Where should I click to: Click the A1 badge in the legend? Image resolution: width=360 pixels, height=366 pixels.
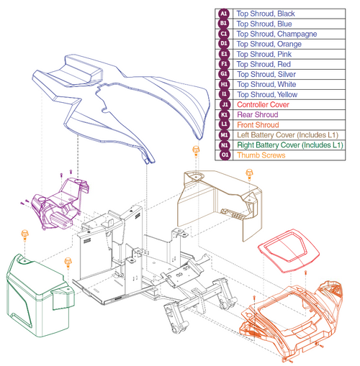coord(224,14)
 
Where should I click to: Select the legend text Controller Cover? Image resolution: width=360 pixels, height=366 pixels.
coord(263,105)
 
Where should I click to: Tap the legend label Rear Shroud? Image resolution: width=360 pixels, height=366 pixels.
coord(258,115)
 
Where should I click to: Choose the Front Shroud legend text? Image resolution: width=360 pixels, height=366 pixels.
coord(258,125)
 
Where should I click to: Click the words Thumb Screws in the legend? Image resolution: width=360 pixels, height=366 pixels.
coord(261,155)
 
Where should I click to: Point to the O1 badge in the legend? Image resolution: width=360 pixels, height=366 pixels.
coord(225,155)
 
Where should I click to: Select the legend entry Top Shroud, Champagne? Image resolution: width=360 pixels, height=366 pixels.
coord(276,34)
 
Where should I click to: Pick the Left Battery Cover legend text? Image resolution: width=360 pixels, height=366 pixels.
coord(287,135)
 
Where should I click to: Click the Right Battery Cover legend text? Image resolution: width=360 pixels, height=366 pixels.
coord(290,145)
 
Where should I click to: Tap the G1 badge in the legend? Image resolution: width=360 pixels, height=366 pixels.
coord(224,74)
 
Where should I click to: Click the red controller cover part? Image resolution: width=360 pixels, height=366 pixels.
coord(289,251)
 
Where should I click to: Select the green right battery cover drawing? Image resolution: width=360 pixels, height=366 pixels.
coord(38,296)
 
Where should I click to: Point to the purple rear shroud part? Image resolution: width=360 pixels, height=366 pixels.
coord(60,203)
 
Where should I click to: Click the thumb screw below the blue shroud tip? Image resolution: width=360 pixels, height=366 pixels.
coord(196,151)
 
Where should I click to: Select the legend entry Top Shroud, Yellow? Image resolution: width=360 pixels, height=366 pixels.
coord(267,95)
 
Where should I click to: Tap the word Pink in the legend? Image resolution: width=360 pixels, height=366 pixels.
coord(284,55)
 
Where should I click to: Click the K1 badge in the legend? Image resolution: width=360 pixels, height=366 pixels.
coord(224,115)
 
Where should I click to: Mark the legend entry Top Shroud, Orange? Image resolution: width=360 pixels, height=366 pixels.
coord(269,44)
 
